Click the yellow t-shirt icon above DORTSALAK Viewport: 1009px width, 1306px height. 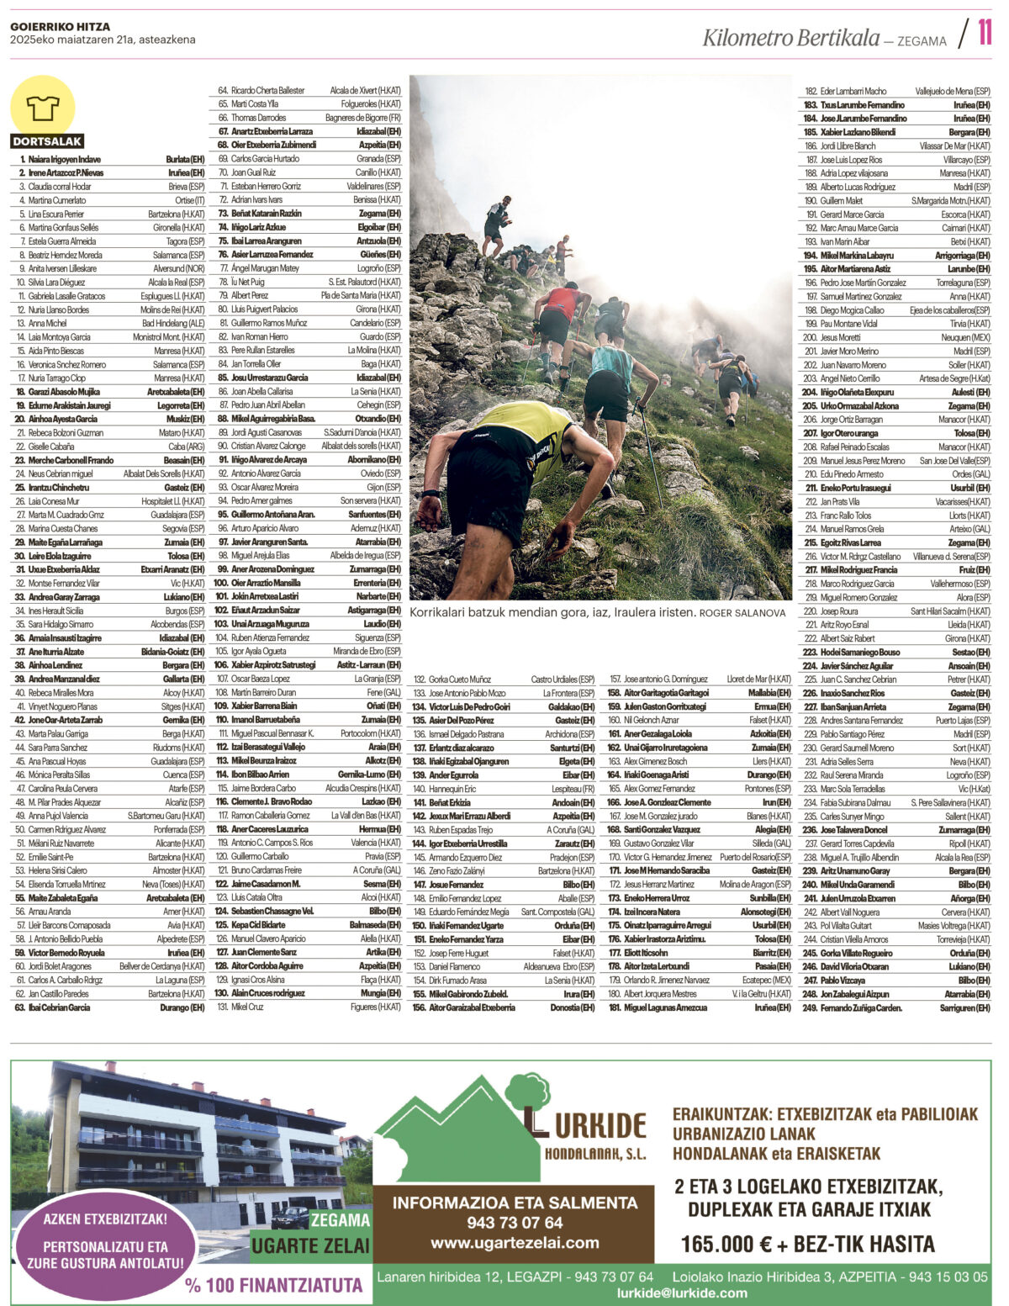[x=42, y=108]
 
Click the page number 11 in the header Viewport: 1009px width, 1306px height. [x=984, y=33]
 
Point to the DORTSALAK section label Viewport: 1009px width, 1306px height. [x=47, y=141]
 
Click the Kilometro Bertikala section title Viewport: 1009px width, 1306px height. [x=790, y=38]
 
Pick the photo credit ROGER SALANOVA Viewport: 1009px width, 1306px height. [x=742, y=613]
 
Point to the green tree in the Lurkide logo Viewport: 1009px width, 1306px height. [x=528, y=1093]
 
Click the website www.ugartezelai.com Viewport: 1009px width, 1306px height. [x=515, y=1243]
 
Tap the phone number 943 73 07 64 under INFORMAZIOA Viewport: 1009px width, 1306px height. [x=515, y=1223]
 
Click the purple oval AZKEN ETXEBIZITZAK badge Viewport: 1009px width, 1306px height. [x=106, y=1240]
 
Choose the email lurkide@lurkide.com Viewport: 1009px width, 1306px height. [x=682, y=1293]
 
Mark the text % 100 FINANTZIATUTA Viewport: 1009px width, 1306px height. [x=274, y=1285]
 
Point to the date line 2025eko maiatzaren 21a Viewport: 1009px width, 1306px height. [x=103, y=40]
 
